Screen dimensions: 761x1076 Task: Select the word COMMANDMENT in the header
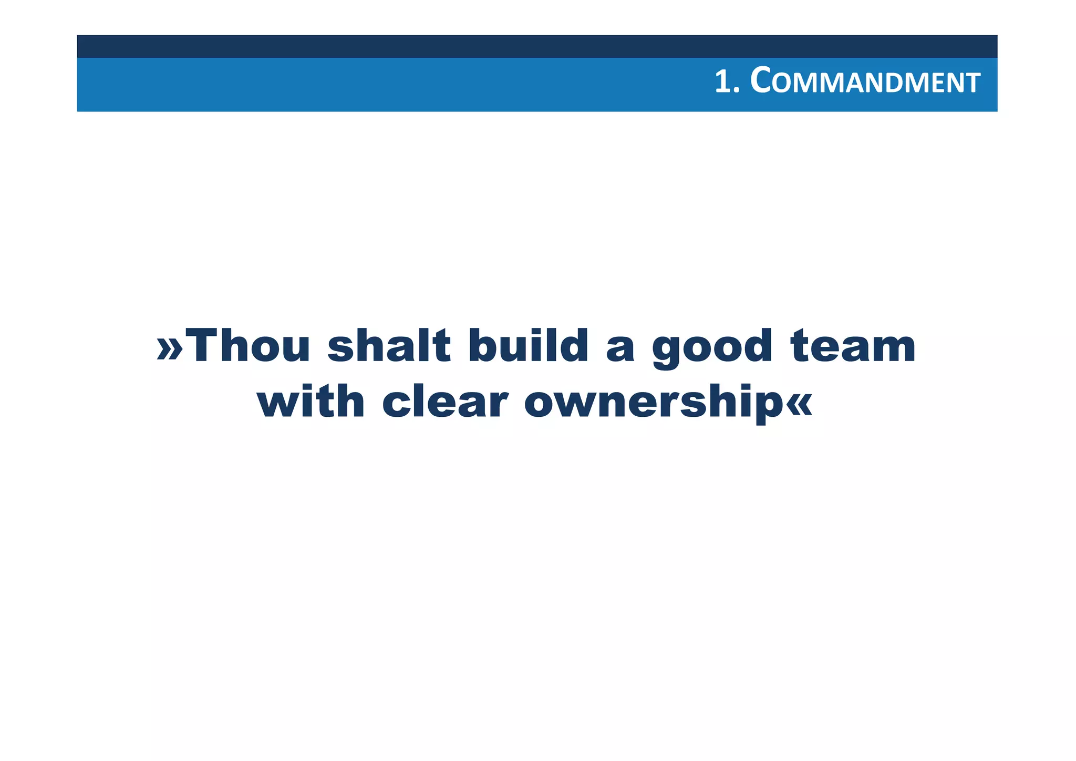tap(865, 83)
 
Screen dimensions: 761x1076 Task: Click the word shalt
tap(389, 346)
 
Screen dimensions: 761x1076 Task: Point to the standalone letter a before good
tap(620, 349)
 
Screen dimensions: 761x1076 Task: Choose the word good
tap(712, 348)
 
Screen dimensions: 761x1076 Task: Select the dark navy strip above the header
tap(537, 46)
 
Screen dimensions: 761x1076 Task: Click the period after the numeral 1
tap(736, 92)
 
